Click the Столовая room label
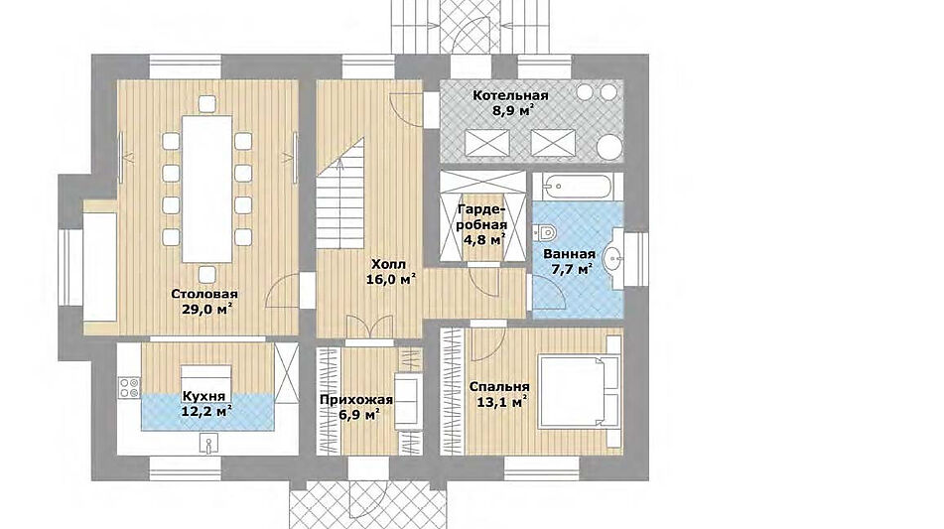click(x=204, y=295)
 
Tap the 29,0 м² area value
click(x=206, y=310)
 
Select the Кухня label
click(x=204, y=397)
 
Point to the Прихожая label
click(x=355, y=400)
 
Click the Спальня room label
click(x=499, y=387)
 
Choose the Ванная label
click(x=569, y=254)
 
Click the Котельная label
click(x=510, y=95)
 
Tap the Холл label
click(x=388, y=264)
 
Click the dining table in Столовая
click(x=207, y=189)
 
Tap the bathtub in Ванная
click(x=578, y=187)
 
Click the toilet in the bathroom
click(x=545, y=231)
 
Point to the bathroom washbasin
click(x=613, y=259)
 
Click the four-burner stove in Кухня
click(x=129, y=388)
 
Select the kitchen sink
click(x=207, y=445)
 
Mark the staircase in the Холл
click(x=340, y=194)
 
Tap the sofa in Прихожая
click(x=406, y=402)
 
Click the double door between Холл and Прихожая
click(x=369, y=329)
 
